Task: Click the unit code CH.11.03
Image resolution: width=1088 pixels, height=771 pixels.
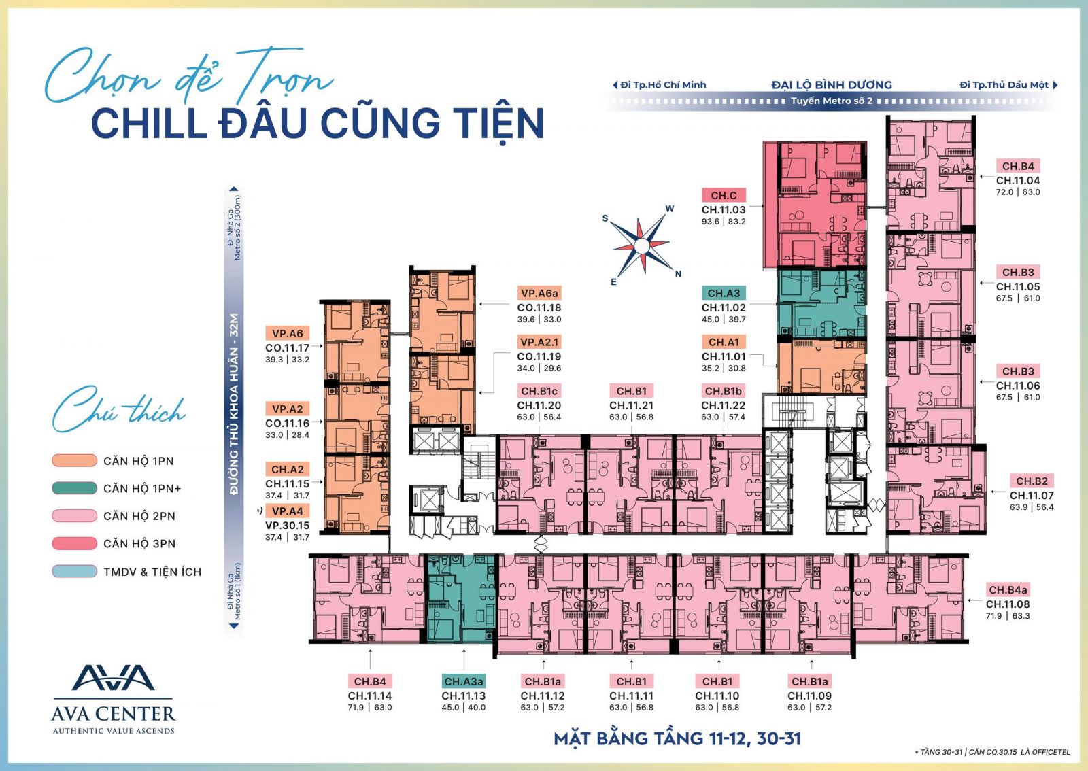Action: [x=724, y=209]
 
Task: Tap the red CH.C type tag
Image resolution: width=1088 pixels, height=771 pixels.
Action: [x=724, y=195]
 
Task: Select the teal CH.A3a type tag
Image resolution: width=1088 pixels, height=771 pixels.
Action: [x=463, y=681]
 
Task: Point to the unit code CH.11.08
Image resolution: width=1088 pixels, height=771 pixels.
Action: [x=1008, y=604]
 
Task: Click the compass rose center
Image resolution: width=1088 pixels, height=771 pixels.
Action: [x=642, y=247]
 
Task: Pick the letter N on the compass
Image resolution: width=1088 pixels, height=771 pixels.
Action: [x=678, y=274]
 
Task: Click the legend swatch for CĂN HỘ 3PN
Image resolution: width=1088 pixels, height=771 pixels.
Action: [x=74, y=543]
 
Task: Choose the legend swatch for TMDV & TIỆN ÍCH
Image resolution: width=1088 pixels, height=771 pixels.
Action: [x=74, y=572]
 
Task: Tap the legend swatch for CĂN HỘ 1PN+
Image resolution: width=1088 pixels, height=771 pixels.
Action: [x=74, y=488]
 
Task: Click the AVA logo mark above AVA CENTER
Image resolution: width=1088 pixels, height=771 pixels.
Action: [x=113, y=678]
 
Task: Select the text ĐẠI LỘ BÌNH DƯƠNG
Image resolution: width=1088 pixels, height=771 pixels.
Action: [x=832, y=85]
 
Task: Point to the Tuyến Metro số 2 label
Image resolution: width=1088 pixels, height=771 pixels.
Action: [x=832, y=101]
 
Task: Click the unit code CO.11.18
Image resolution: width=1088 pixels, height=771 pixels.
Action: [x=539, y=307]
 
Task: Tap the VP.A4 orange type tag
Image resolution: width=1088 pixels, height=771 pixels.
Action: [x=287, y=511]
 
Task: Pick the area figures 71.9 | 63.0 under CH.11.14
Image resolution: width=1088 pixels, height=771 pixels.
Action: [x=370, y=707]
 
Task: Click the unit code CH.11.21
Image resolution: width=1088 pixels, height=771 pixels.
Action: [x=632, y=405]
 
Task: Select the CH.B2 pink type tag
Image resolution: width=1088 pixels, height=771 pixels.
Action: [x=1032, y=481]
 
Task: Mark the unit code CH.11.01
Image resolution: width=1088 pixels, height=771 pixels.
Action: [x=724, y=356]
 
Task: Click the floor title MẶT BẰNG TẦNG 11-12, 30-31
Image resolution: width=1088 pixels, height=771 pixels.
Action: [x=677, y=738]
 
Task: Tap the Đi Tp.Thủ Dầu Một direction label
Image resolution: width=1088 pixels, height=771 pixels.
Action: [x=1004, y=85]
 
